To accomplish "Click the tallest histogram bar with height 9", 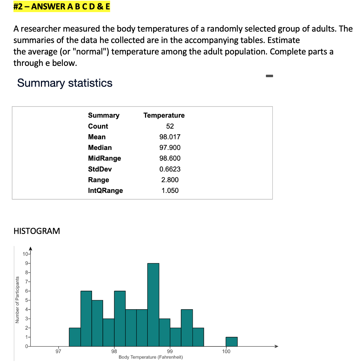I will point(153,304).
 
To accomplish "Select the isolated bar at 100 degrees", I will point(231,341).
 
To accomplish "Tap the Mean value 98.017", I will point(170,137).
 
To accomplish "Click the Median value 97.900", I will point(170,148).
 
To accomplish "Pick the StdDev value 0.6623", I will point(170,169).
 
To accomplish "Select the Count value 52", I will point(170,126).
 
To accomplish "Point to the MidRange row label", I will point(104,158).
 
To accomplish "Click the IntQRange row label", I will point(105,191).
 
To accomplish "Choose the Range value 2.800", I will point(170,180).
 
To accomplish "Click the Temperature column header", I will point(164,115).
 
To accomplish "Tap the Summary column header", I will point(103,115).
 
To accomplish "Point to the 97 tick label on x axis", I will point(58,352).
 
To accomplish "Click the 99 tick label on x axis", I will point(170,352).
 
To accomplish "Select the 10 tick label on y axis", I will point(25,254).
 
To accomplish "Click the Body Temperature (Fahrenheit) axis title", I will point(151,357).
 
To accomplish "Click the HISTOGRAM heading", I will point(37,231).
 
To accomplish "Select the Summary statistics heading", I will point(65,83).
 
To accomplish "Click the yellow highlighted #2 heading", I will point(61,7).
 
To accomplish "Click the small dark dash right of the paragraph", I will point(270,76).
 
